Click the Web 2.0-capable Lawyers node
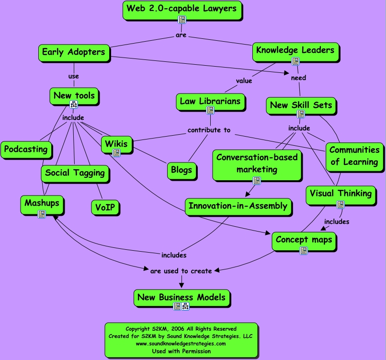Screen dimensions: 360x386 pyautogui.click(x=182, y=9)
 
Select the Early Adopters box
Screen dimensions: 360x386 pyautogui.click(x=73, y=52)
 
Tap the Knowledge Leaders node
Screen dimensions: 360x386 pyautogui.click(x=295, y=50)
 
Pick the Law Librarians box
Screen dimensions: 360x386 pyautogui.click(x=210, y=101)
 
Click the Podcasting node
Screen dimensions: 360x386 pyautogui.click(x=26, y=149)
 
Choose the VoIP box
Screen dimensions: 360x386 pyautogui.click(x=105, y=208)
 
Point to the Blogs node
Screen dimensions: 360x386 pyautogui.click(x=182, y=170)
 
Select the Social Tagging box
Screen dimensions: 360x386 pyautogui.click(x=75, y=173)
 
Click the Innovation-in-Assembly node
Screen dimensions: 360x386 pyautogui.click(x=238, y=206)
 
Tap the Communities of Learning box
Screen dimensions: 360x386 pyautogui.click(x=354, y=156)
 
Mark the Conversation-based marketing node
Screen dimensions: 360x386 pyautogui.click(x=257, y=163)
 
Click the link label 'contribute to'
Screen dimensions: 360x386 pyautogui.click(x=209, y=130)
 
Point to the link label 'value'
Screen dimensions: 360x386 pyautogui.click(x=244, y=81)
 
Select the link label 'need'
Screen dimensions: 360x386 pyautogui.click(x=298, y=78)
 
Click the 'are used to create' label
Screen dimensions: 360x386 pyautogui.click(x=181, y=271)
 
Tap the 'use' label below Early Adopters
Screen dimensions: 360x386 pyautogui.click(x=74, y=76)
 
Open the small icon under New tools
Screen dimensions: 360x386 pyautogui.click(x=74, y=105)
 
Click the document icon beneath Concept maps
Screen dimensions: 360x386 pyautogui.click(x=304, y=250)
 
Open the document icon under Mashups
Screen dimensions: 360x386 pyautogui.click(x=42, y=214)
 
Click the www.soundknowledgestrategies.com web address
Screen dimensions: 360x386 pyautogui.click(x=181, y=344)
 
